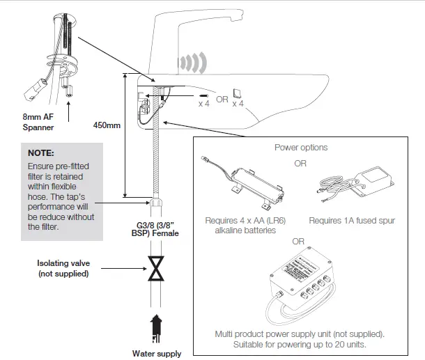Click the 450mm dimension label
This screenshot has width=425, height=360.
coord(107,125)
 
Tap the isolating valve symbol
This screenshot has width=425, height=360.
coord(157,268)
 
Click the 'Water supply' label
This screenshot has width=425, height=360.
coord(157,354)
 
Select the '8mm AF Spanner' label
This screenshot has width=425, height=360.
coord(38,123)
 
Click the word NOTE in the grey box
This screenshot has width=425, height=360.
coord(40,152)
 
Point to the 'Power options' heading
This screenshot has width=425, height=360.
coord(300,148)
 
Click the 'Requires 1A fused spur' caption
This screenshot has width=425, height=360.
coord(352,221)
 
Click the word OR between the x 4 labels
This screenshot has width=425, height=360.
coord(222,99)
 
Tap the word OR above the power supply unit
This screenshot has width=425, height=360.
coord(299,241)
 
